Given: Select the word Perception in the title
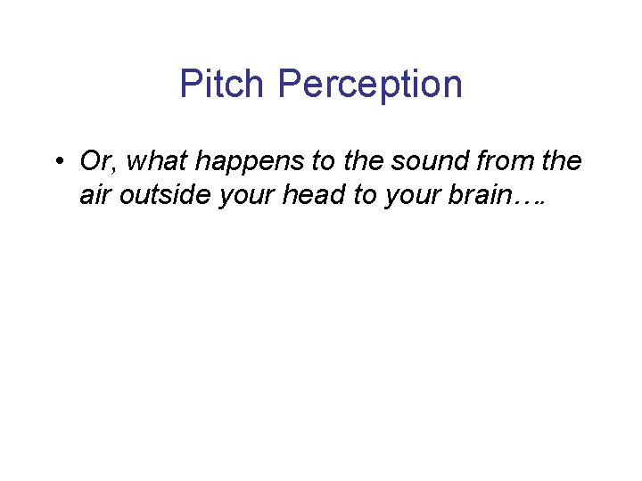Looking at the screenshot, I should [x=370, y=85].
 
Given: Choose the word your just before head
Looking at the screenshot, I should [x=238, y=196].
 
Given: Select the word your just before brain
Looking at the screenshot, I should [x=408, y=196].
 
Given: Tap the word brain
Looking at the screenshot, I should [x=474, y=196].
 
